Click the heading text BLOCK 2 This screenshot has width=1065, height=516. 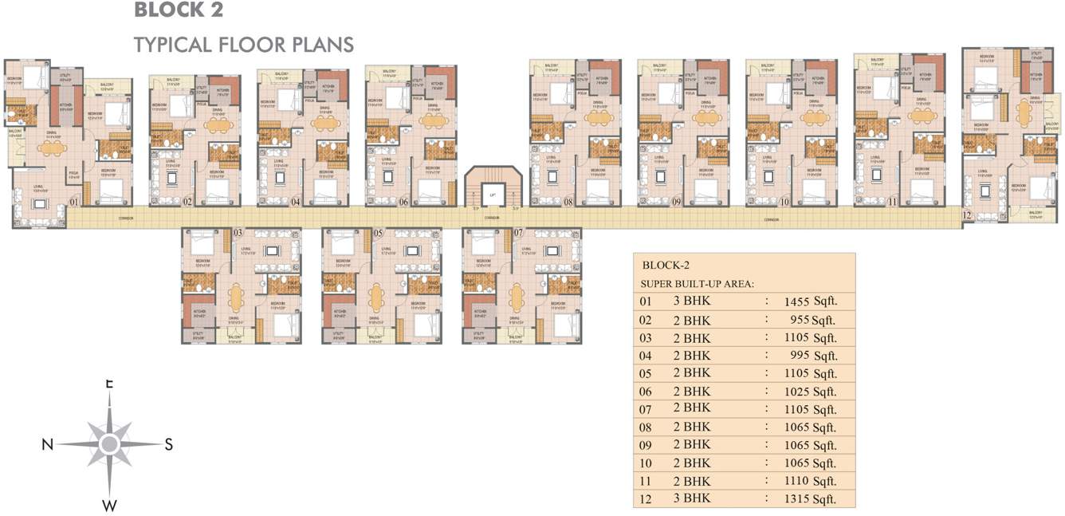[x=179, y=11]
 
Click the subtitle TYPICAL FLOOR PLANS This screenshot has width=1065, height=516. [x=244, y=44]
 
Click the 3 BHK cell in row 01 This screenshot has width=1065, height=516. [x=691, y=302]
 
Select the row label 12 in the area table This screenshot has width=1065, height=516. [x=646, y=498]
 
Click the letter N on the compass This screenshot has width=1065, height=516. [x=47, y=445]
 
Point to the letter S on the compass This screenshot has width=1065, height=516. [x=169, y=445]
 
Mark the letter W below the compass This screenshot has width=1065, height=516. [x=110, y=505]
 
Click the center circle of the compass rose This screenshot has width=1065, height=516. [x=110, y=443]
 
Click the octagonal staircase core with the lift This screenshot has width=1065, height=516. [x=493, y=190]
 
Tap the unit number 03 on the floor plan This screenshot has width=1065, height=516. [x=238, y=232]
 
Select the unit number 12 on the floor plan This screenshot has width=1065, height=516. [x=967, y=215]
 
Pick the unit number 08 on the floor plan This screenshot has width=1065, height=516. [x=568, y=202]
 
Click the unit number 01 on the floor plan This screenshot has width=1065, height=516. [x=73, y=202]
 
